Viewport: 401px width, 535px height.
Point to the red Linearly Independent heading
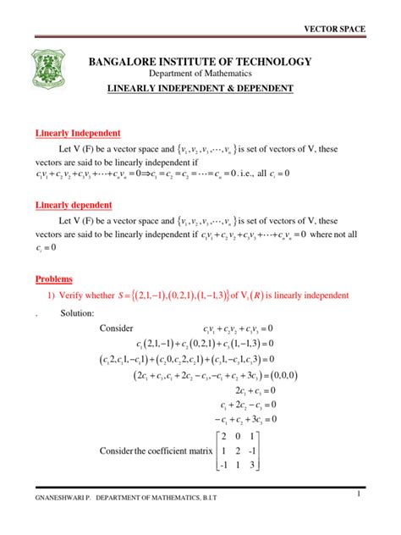tap(78, 133)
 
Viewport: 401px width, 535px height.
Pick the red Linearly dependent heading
tap(74, 206)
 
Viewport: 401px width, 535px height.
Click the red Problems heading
tap(53, 279)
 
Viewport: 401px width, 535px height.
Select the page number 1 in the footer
tap(360, 494)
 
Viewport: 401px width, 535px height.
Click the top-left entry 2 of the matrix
tap(223, 437)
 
